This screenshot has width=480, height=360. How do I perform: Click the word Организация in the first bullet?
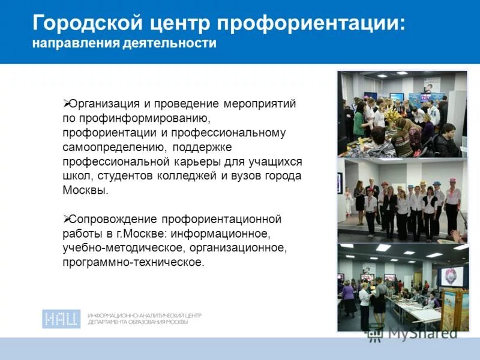click(x=103, y=104)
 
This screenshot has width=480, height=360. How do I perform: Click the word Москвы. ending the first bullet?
click(x=86, y=191)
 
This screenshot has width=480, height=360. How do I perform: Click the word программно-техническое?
click(x=133, y=262)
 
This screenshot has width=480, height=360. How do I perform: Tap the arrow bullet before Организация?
click(x=67, y=104)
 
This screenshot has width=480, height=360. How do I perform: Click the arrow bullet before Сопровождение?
click(x=67, y=219)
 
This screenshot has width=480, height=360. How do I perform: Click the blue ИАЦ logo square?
click(x=61, y=319)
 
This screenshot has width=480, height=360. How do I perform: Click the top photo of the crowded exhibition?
click(x=401, y=114)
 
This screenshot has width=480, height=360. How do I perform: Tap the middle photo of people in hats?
click(x=401, y=199)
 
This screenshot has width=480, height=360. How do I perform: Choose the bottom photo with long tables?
click(x=401, y=287)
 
